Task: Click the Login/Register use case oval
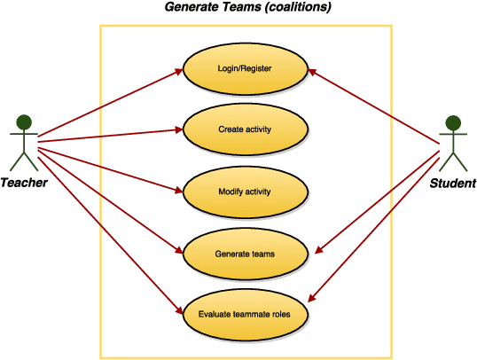click(245, 68)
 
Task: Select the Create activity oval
click(245, 129)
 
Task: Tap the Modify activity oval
click(245, 192)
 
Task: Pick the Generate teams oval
click(245, 254)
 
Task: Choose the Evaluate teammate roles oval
click(245, 314)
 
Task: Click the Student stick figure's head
click(453, 122)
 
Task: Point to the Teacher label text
click(24, 184)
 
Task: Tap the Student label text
click(452, 184)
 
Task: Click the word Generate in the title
click(193, 8)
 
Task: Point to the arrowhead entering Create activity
click(177, 129)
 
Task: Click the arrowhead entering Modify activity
click(177, 189)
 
